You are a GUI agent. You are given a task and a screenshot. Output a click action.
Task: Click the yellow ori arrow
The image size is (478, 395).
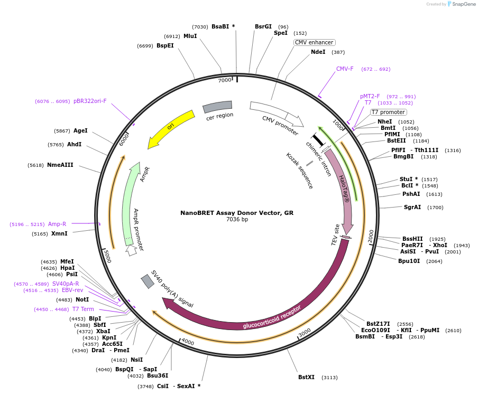click(170, 128)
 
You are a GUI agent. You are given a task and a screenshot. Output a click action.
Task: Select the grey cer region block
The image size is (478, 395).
click(217, 107)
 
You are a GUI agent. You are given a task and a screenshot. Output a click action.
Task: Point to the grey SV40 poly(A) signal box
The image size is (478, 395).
click(148, 281)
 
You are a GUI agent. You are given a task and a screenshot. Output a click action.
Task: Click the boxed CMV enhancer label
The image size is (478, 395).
click(314, 42)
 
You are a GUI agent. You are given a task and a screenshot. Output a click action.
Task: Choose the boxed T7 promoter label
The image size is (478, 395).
click(388, 112)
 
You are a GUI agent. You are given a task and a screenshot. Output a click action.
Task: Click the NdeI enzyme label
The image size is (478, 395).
click(318, 52)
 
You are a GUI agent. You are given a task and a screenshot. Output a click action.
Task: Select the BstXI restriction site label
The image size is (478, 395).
click(306, 377)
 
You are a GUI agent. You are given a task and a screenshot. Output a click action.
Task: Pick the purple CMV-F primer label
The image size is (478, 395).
click(345, 69)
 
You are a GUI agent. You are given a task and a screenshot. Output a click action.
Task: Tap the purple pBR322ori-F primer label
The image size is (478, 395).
click(90, 101)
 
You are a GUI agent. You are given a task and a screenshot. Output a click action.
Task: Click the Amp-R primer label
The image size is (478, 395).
click(57, 224)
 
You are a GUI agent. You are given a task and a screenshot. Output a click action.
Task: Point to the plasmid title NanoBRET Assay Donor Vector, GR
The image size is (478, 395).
click(237, 213)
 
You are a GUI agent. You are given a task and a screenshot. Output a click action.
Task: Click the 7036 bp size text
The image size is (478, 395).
click(237, 220)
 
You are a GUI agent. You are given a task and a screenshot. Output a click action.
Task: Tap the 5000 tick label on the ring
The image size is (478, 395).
click(107, 257)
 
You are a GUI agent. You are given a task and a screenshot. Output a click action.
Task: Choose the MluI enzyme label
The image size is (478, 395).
click(190, 36)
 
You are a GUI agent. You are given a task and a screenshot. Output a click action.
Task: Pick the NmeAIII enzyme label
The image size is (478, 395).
click(60, 165)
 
